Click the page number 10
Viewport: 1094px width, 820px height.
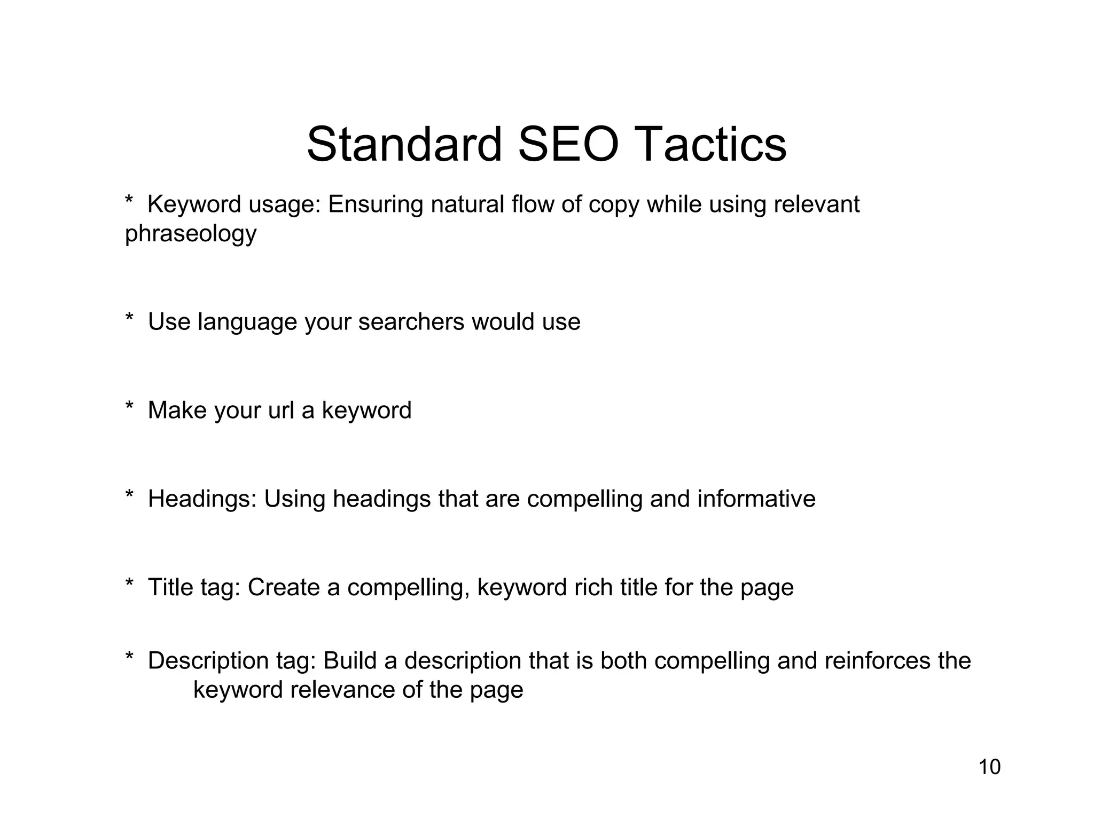pyautogui.click(x=989, y=767)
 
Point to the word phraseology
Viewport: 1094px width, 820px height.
pyautogui.click(x=191, y=234)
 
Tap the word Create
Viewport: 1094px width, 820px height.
pyautogui.click(x=283, y=587)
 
